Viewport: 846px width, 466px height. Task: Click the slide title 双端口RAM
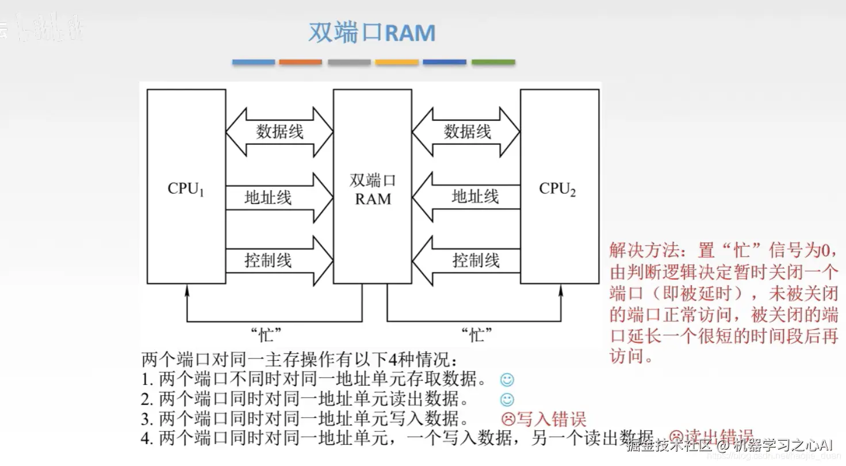pos(372,33)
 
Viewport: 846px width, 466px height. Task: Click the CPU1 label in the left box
pos(186,189)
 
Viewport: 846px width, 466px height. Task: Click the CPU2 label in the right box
pos(557,189)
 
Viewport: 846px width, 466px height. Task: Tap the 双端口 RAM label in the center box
pos(373,190)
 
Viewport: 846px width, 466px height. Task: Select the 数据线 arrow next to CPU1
pos(280,132)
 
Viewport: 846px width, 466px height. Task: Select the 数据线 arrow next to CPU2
pos(466,132)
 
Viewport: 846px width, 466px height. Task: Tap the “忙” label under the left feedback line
pos(266,333)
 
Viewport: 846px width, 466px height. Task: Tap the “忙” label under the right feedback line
pos(476,333)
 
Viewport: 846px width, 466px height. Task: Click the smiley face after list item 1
pos(507,380)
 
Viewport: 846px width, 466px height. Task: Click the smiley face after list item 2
pos(507,399)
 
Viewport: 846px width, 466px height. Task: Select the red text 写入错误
pos(551,419)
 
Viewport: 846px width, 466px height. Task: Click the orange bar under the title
pos(301,62)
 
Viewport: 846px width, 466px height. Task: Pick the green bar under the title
pos(493,62)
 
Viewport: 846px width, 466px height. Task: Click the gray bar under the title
pos(349,62)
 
